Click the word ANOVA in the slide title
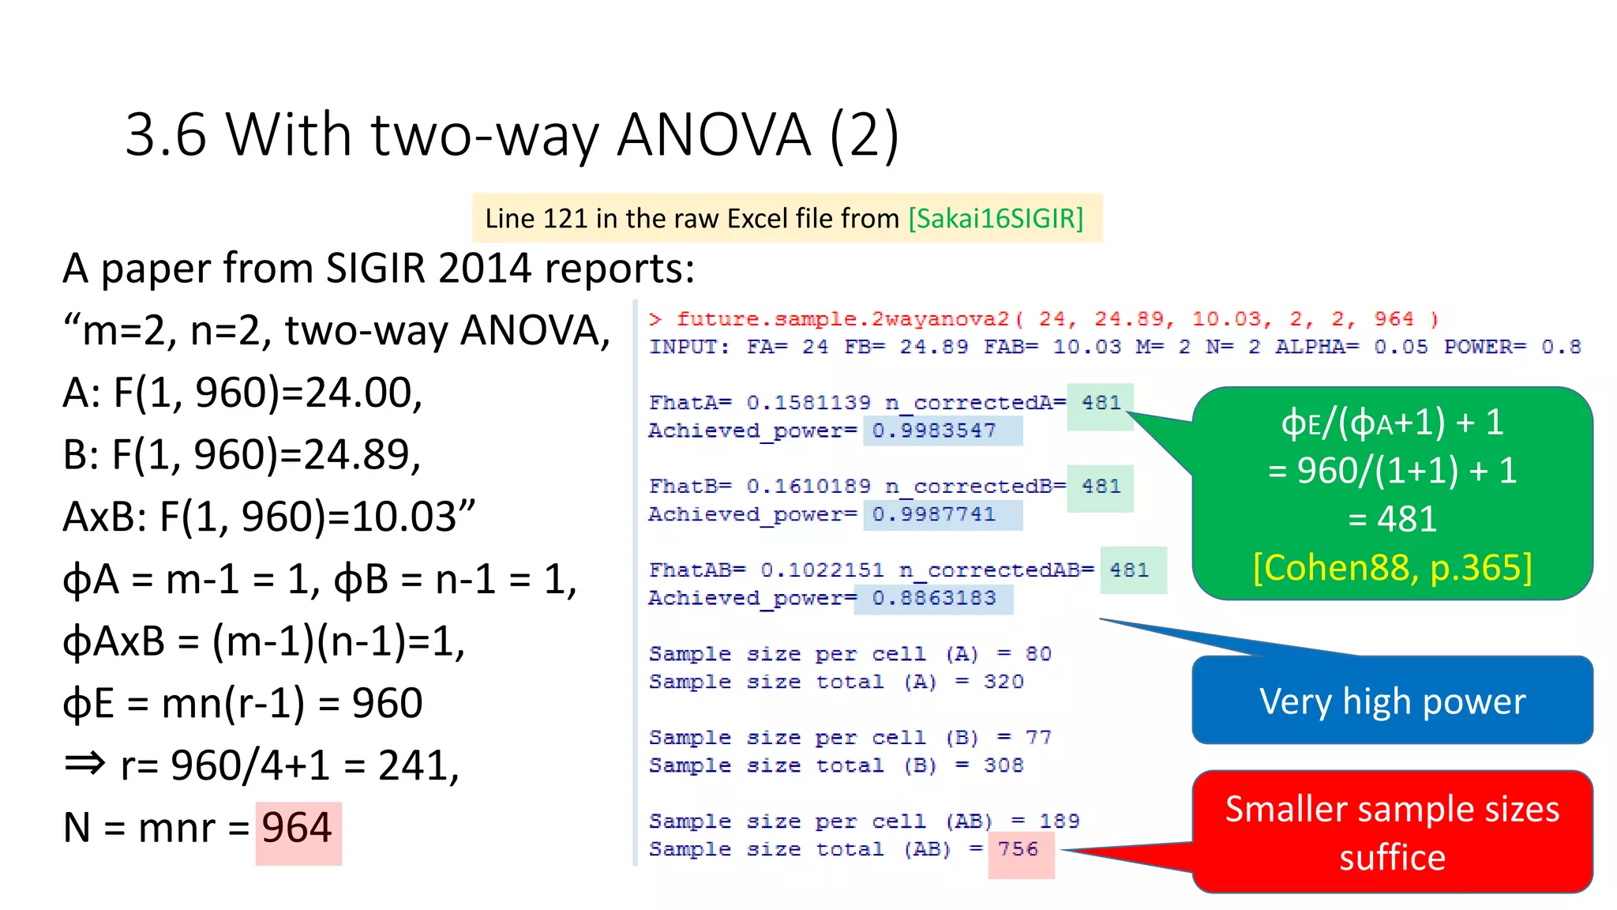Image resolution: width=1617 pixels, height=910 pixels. (x=713, y=135)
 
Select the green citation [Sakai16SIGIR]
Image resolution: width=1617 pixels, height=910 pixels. (x=996, y=218)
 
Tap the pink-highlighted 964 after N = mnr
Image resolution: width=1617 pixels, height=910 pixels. (x=297, y=828)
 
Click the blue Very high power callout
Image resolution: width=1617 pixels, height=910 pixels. (x=1392, y=701)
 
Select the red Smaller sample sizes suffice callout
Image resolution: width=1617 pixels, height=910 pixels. (x=1392, y=833)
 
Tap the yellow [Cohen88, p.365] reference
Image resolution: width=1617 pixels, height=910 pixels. (x=1392, y=567)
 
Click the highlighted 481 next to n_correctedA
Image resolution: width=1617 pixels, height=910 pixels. (x=1101, y=403)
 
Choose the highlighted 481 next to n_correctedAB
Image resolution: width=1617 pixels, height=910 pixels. (x=1129, y=570)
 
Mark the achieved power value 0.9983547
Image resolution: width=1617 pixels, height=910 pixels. (x=934, y=431)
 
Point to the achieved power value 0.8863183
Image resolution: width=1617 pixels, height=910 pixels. (x=934, y=599)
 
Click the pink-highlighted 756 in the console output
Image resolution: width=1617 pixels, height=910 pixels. (x=1018, y=849)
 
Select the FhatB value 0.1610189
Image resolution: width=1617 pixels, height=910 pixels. (x=808, y=487)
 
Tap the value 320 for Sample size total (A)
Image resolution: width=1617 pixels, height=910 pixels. (x=1004, y=682)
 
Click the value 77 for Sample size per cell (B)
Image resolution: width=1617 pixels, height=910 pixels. (x=1038, y=738)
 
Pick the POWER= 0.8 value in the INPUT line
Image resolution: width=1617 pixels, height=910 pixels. (x=1561, y=348)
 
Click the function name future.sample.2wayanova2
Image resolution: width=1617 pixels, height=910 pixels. (x=842, y=319)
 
